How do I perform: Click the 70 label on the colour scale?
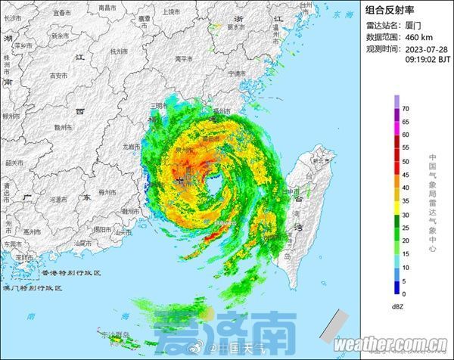click(x=406, y=108)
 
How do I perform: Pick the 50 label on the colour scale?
click(x=406, y=161)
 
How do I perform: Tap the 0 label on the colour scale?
click(x=403, y=293)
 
